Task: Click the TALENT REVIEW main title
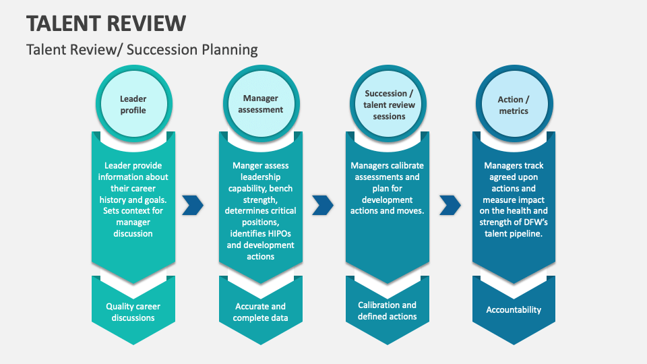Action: [106, 23]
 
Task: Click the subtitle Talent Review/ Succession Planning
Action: [142, 49]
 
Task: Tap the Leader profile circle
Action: [133, 104]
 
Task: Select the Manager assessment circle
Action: [260, 104]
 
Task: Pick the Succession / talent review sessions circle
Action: [389, 104]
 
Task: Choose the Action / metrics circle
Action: [514, 104]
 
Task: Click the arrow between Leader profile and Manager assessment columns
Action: [193, 205]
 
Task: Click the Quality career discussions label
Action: [133, 312]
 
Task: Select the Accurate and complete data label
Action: [260, 312]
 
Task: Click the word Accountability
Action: [514, 310]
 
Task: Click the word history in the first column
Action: [115, 200]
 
